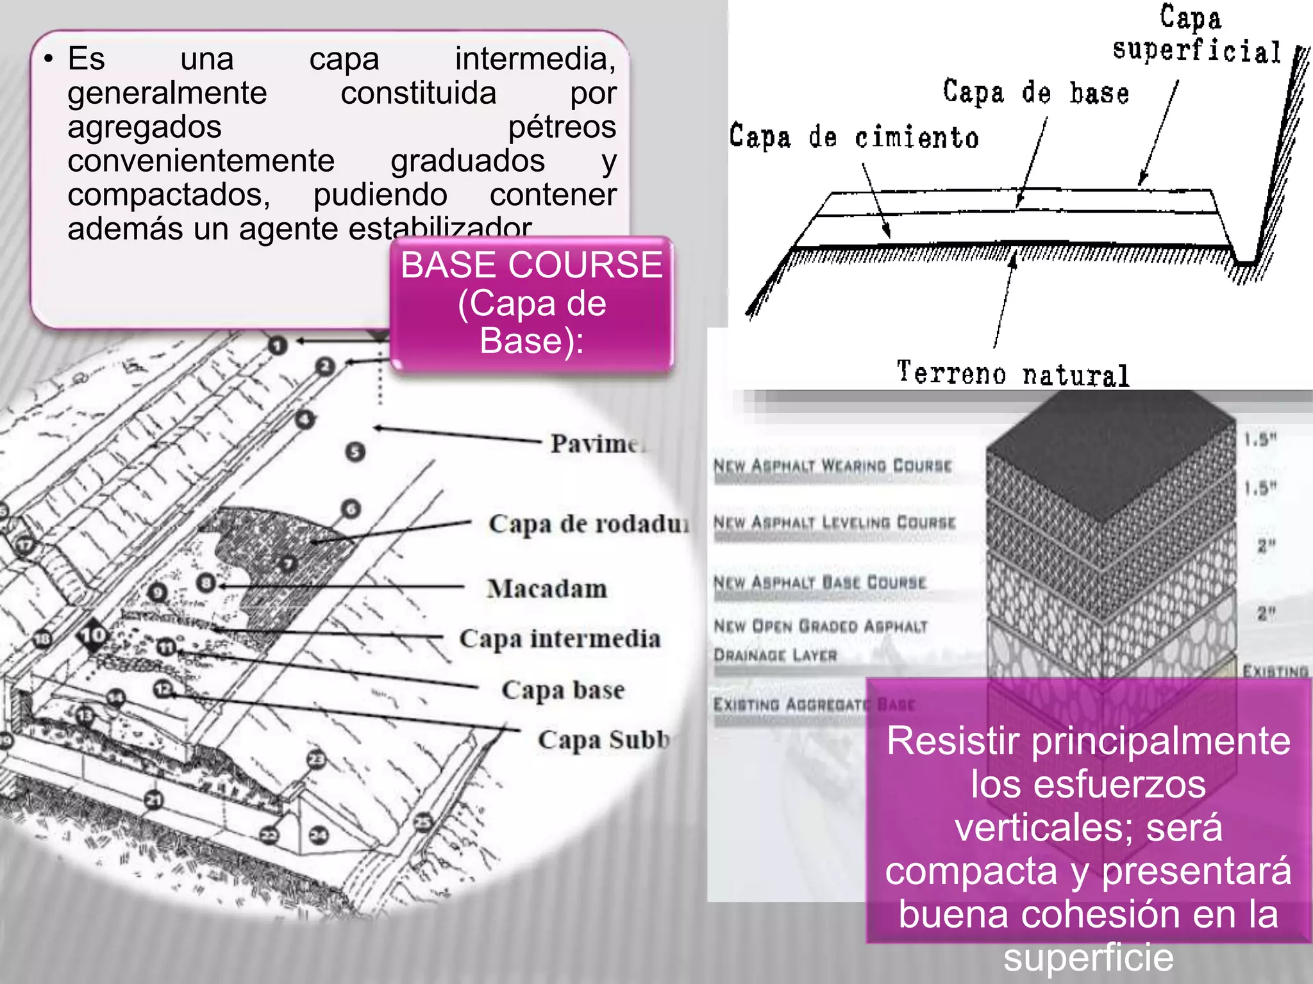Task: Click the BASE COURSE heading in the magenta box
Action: tap(531, 265)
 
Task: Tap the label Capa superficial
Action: tap(1196, 35)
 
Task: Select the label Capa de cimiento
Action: tap(854, 137)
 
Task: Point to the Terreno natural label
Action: tap(1013, 373)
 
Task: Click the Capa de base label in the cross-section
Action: tap(1036, 93)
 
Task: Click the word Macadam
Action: tap(547, 589)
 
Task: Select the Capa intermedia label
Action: tap(560, 639)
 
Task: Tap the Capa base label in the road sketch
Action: tap(563, 690)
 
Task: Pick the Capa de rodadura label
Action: tap(589, 524)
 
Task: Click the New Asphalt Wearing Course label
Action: tap(833, 466)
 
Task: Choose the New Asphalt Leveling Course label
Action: tap(835, 522)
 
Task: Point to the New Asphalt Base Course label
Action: tap(820, 582)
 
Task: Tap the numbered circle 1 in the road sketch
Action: tap(277, 346)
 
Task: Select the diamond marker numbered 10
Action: tap(94, 635)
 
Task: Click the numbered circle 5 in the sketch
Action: tap(355, 452)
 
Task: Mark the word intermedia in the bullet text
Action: tap(535, 59)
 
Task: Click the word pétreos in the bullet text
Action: tap(562, 127)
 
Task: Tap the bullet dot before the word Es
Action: tap(48, 59)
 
